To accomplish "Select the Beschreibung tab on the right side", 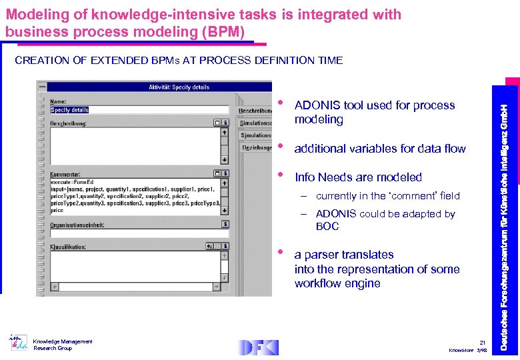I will coord(255,110).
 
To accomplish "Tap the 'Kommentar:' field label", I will coord(66,174).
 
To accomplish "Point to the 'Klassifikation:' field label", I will coord(68,247).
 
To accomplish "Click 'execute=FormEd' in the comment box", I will coord(72,181).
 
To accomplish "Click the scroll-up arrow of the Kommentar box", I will coord(225,182).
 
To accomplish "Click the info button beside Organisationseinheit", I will coord(225,225).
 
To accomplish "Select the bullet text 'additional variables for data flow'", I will coord(380,149).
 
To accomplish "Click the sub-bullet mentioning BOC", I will coord(385,220).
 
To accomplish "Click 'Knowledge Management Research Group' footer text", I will coord(63,345).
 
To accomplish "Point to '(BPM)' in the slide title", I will coord(223,32).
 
